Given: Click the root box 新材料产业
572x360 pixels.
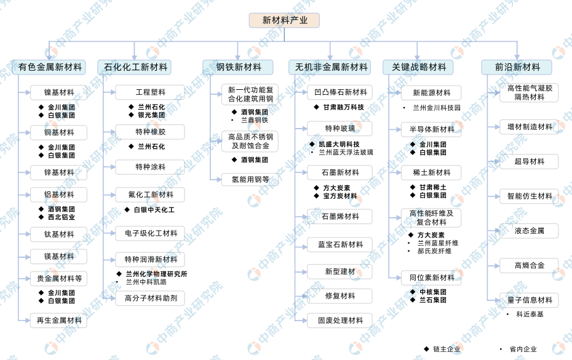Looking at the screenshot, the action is pos(284,20).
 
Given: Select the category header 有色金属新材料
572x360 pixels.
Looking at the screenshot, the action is pos(49,67).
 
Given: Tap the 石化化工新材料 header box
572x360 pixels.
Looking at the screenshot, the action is pos(134,67).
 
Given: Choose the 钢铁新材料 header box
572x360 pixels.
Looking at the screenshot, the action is pos(238,67).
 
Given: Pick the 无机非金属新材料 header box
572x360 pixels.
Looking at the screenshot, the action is pos(330,67).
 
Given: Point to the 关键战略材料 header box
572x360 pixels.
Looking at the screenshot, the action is pos(418,67).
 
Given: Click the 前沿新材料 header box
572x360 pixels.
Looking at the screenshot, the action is pos(517,67).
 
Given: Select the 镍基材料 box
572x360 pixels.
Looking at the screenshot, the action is pos(58,92).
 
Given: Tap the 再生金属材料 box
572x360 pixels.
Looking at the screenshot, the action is pos(58,321).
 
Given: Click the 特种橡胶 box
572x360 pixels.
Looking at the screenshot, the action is pos(150,132).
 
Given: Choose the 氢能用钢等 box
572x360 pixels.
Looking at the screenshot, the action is pos(250,179).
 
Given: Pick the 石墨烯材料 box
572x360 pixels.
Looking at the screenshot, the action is pos(340,217).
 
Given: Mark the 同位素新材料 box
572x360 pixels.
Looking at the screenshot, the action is pos(431,278).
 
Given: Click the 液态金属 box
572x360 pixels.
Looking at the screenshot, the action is pos(529,231).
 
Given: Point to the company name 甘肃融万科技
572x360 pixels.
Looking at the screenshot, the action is pos(343,107).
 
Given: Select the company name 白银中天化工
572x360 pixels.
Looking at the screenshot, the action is pos(154,210).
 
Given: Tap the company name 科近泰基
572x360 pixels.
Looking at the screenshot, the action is pos(530,314).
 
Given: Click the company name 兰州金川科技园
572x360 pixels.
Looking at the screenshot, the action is pos(436,108).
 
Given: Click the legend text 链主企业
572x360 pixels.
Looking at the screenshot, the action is pos(447,350).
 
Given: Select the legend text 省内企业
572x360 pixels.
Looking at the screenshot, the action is pos(523,350).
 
